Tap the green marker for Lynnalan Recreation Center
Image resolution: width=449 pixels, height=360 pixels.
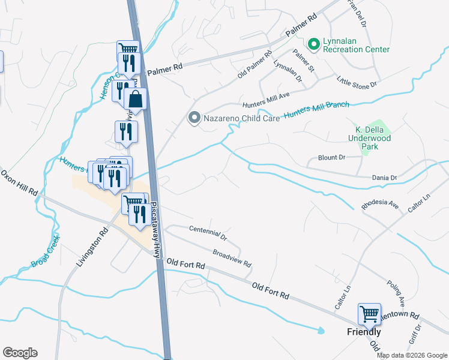(x=313, y=44)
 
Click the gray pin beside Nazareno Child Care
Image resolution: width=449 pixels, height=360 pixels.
(x=193, y=118)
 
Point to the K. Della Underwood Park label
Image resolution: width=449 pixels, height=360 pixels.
(x=370, y=137)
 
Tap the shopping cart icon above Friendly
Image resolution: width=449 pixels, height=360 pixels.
(x=369, y=313)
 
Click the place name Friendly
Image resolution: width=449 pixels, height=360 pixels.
(x=364, y=332)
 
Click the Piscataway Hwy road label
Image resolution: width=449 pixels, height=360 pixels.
(x=155, y=229)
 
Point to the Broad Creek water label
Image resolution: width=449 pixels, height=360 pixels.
(x=46, y=251)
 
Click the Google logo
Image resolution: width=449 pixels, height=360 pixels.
(x=20, y=352)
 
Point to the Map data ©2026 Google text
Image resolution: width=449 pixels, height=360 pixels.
(x=412, y=355)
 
